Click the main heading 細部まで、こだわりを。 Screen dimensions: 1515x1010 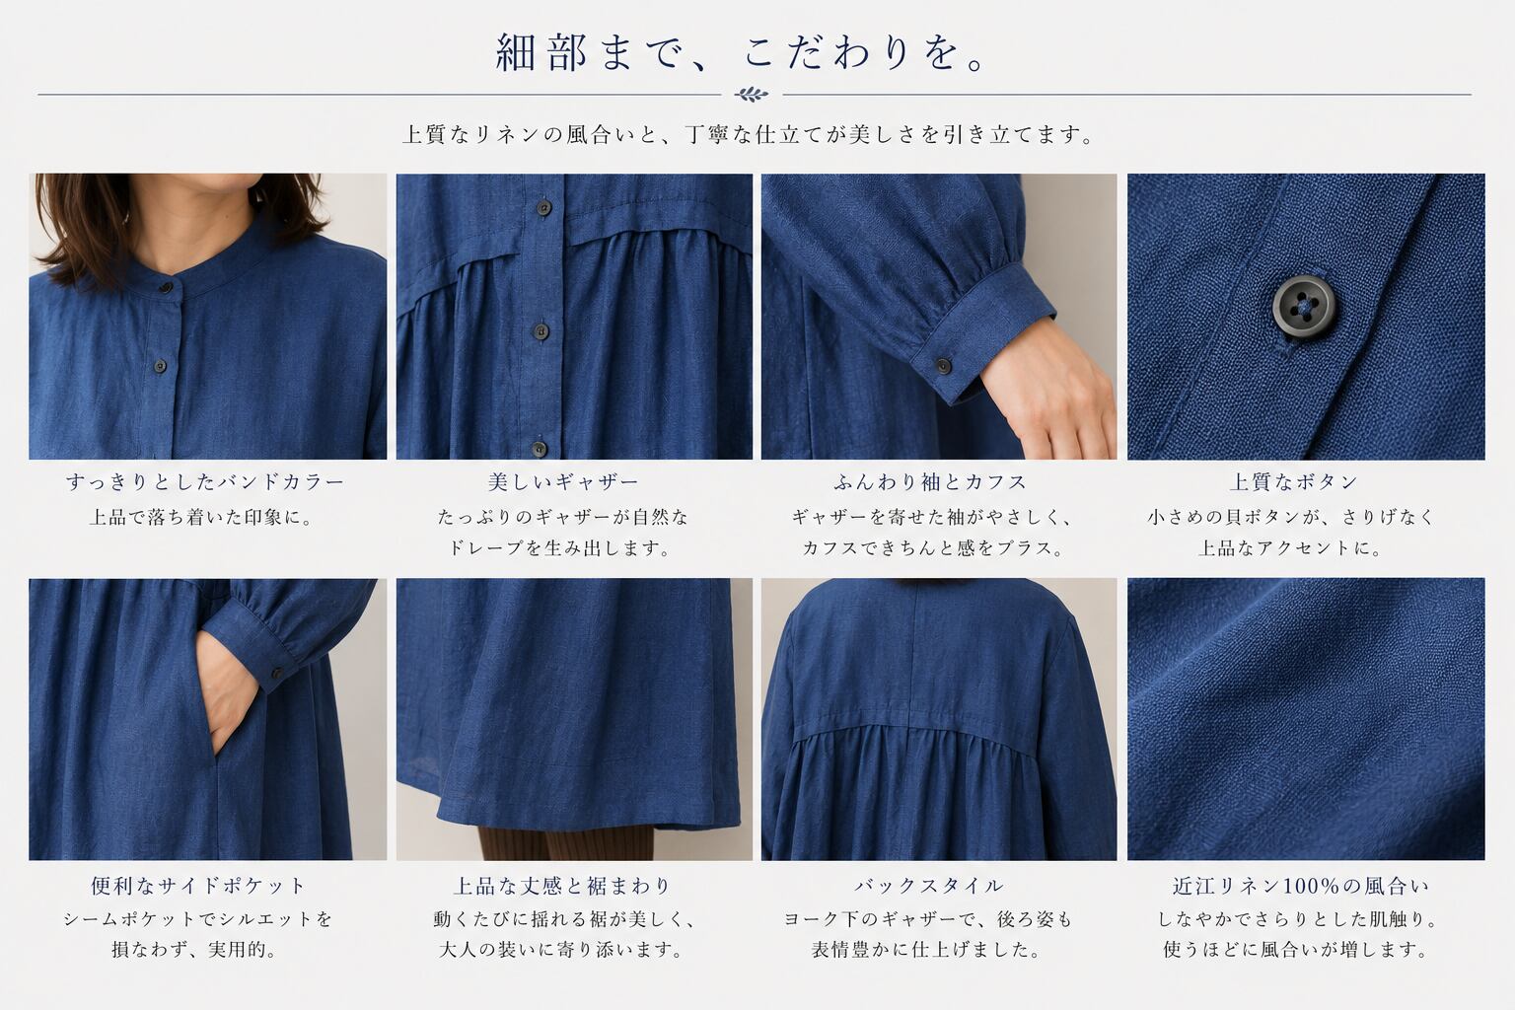(742, 52)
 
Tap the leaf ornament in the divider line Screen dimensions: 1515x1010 (752, 94)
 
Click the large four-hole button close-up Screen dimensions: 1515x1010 (1303, 305)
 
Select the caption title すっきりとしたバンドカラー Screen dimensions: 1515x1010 (205, 481)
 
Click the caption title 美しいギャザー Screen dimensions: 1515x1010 (563, 481)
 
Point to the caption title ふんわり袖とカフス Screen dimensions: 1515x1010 (931, 481)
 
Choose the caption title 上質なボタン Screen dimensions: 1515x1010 (1294, 481)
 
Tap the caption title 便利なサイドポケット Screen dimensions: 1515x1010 (198, 886)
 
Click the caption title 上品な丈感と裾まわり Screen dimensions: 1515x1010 (562, 886)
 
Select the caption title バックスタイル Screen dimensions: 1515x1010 (928, 886)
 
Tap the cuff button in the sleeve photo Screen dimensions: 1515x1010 (942, 367)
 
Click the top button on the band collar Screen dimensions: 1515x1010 (165, 289)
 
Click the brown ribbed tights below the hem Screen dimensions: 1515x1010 (565, 843)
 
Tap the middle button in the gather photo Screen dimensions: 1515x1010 (540, 330)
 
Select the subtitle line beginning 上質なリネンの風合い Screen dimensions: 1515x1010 (748, 134)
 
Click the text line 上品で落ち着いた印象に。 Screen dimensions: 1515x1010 (202, 518)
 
